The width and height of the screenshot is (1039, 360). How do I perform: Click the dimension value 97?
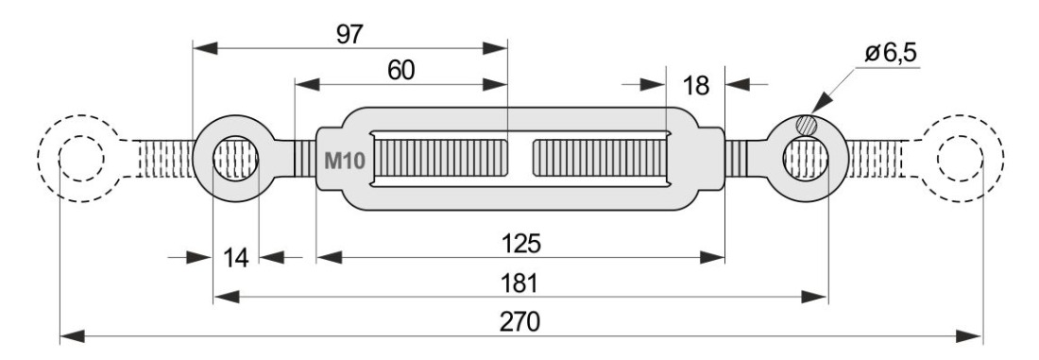[349, 34]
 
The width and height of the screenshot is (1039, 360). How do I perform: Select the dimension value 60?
[400, 70]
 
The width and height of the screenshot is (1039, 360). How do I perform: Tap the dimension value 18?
[695, 85]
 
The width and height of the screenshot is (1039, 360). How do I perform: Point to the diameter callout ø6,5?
[892, 52]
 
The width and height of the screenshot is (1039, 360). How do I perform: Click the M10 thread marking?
[345, 161]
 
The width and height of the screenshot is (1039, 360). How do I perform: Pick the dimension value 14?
[235, 257]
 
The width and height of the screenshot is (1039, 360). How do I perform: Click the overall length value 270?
[520, 322]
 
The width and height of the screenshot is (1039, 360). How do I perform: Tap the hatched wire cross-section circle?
[807, 124]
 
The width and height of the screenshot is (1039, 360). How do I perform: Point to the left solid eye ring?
[198, 159]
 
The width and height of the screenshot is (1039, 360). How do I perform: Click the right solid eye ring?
[841, 159]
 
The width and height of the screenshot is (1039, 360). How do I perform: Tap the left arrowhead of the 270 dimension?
[73, 336]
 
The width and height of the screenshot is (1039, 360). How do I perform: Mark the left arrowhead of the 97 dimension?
[205, 48]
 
